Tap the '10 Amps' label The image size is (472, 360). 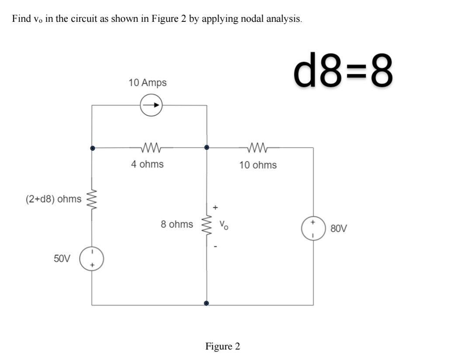click(x=147, y=83)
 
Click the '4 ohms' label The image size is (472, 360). click(x=147, y=164)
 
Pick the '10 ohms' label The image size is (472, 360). click(x=258, y=165)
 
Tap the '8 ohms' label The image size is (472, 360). click(x=177, y=224)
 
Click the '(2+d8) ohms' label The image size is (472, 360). click(x=53, y=199)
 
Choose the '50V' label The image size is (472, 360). click(x=62, y=258)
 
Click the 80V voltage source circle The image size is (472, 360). click(x=313, y=228)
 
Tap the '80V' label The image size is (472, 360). click(x=339, y=228)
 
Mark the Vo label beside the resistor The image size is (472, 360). click(x=223, y=226)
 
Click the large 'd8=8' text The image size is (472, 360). click(x=344, y=71)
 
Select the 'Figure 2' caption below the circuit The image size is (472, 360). click(x=222, y=346)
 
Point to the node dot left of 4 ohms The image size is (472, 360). click(x=92, y=148)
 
